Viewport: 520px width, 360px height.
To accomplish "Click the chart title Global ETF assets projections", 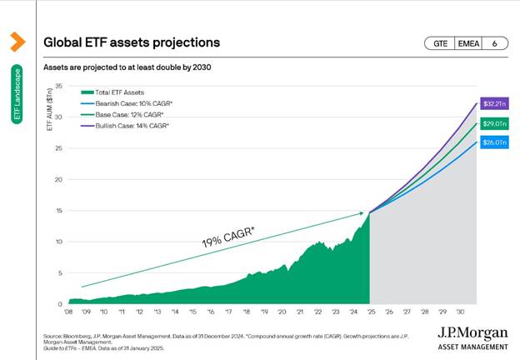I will point(131,42).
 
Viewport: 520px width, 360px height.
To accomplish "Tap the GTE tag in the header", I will point(438,42).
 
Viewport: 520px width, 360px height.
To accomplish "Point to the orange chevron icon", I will point(17,41).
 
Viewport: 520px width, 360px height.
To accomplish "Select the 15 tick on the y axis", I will point(59,211).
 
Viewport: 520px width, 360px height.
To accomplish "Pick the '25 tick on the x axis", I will point(370,312).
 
